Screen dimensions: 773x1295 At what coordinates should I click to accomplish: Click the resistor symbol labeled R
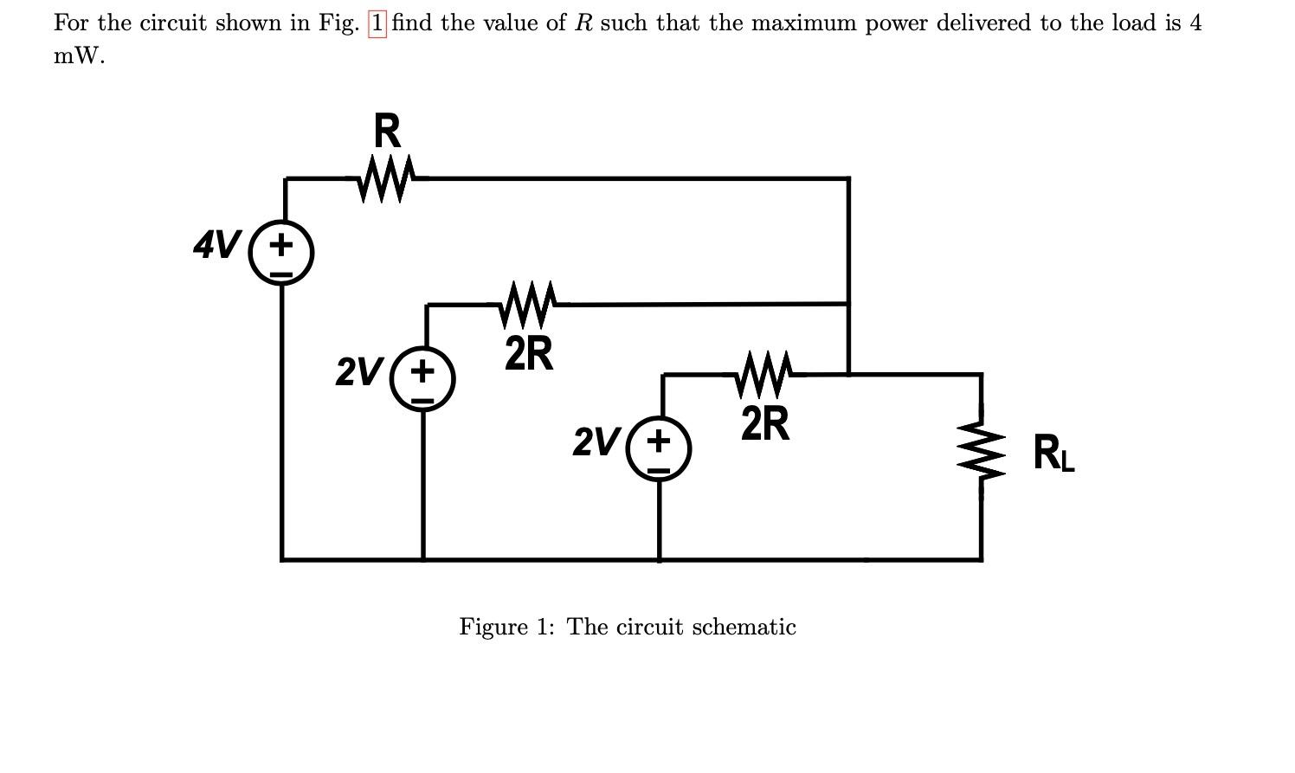point(387,178)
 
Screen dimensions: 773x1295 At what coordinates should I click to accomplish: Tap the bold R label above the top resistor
point(387,132)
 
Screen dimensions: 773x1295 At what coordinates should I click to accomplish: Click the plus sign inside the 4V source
point(280,245)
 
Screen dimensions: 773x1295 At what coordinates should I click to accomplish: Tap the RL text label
point(1054,454)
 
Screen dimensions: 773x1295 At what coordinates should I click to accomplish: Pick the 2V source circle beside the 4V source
point(422,381)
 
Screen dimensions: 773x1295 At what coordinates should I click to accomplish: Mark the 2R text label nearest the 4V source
point(528,353)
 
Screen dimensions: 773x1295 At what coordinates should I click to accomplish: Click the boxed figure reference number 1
point(377,23)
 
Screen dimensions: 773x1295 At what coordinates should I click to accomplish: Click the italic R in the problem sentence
point(583,23)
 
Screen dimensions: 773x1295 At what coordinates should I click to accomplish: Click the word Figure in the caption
point(493,627)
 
